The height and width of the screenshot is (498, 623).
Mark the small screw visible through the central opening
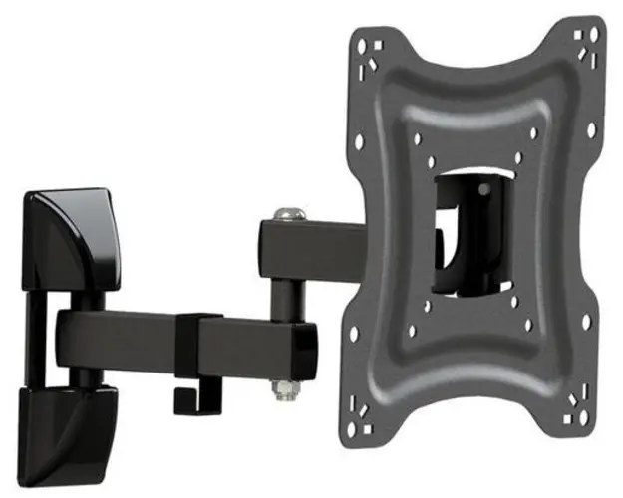(479, 185)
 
